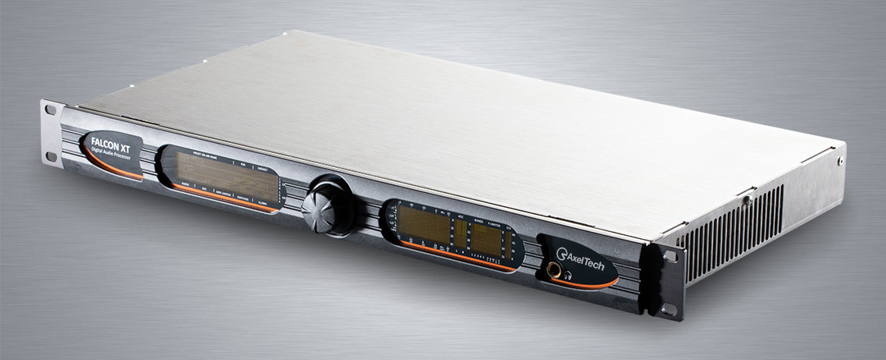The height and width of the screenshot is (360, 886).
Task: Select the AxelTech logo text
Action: (586, 256)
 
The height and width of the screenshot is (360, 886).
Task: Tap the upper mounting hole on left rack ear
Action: (50, 110)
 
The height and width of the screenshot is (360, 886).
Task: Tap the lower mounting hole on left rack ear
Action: (52, 156)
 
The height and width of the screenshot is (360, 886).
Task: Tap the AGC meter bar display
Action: (461, 233)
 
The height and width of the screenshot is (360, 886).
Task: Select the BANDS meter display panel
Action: (487, 239)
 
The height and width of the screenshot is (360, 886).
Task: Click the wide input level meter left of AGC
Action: (424, 225)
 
